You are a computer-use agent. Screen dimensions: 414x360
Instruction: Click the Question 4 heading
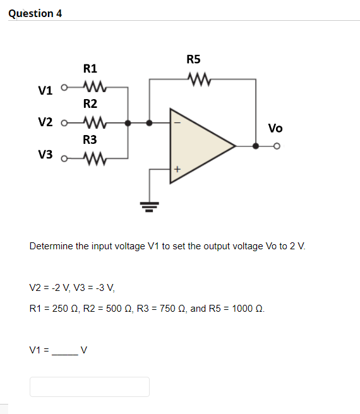point(36,13)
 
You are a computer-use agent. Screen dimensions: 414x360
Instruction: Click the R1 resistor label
point(90,68)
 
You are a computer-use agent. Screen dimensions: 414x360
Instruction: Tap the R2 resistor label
point(90,103)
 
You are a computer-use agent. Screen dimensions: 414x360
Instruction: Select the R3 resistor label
point(90,139)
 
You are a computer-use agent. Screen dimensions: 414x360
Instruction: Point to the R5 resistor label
point(193,59)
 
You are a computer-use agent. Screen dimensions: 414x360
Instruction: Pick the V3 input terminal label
point(45,155)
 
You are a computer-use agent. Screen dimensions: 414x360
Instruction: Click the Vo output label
point(275,129)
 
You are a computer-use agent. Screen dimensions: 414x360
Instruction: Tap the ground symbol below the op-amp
point(150,203)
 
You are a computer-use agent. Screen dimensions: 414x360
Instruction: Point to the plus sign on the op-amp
point(177,169)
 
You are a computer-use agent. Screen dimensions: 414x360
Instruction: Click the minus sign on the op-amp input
point(177,123)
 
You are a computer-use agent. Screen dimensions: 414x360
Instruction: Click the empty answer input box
point(90,386)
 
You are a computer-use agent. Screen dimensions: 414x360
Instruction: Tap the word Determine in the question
point(51,245)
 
